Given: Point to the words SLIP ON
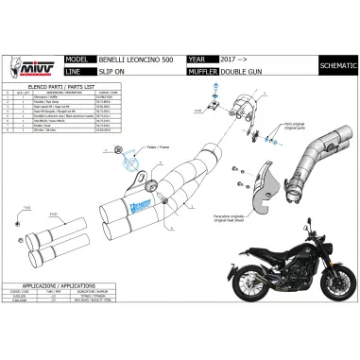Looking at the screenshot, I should point(118,69).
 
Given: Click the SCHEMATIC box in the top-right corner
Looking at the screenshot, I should point(338,63).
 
